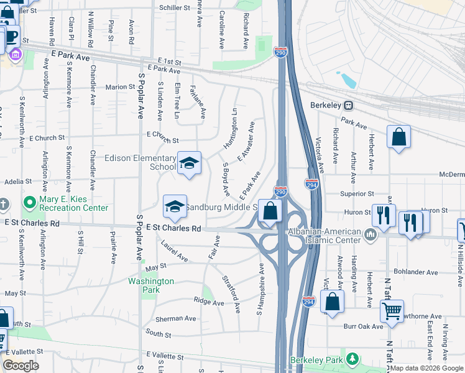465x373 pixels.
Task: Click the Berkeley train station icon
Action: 349,105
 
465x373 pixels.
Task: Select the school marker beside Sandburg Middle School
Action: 175,207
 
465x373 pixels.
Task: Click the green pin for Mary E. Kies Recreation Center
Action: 29,203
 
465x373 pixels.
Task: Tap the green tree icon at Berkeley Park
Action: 352,359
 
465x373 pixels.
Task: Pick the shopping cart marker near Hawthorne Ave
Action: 392,310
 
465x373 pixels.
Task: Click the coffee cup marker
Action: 11,34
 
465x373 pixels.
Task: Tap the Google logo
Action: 21,366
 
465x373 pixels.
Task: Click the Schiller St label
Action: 174,7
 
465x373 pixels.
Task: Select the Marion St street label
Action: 116,87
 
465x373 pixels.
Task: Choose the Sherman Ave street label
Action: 175,318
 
